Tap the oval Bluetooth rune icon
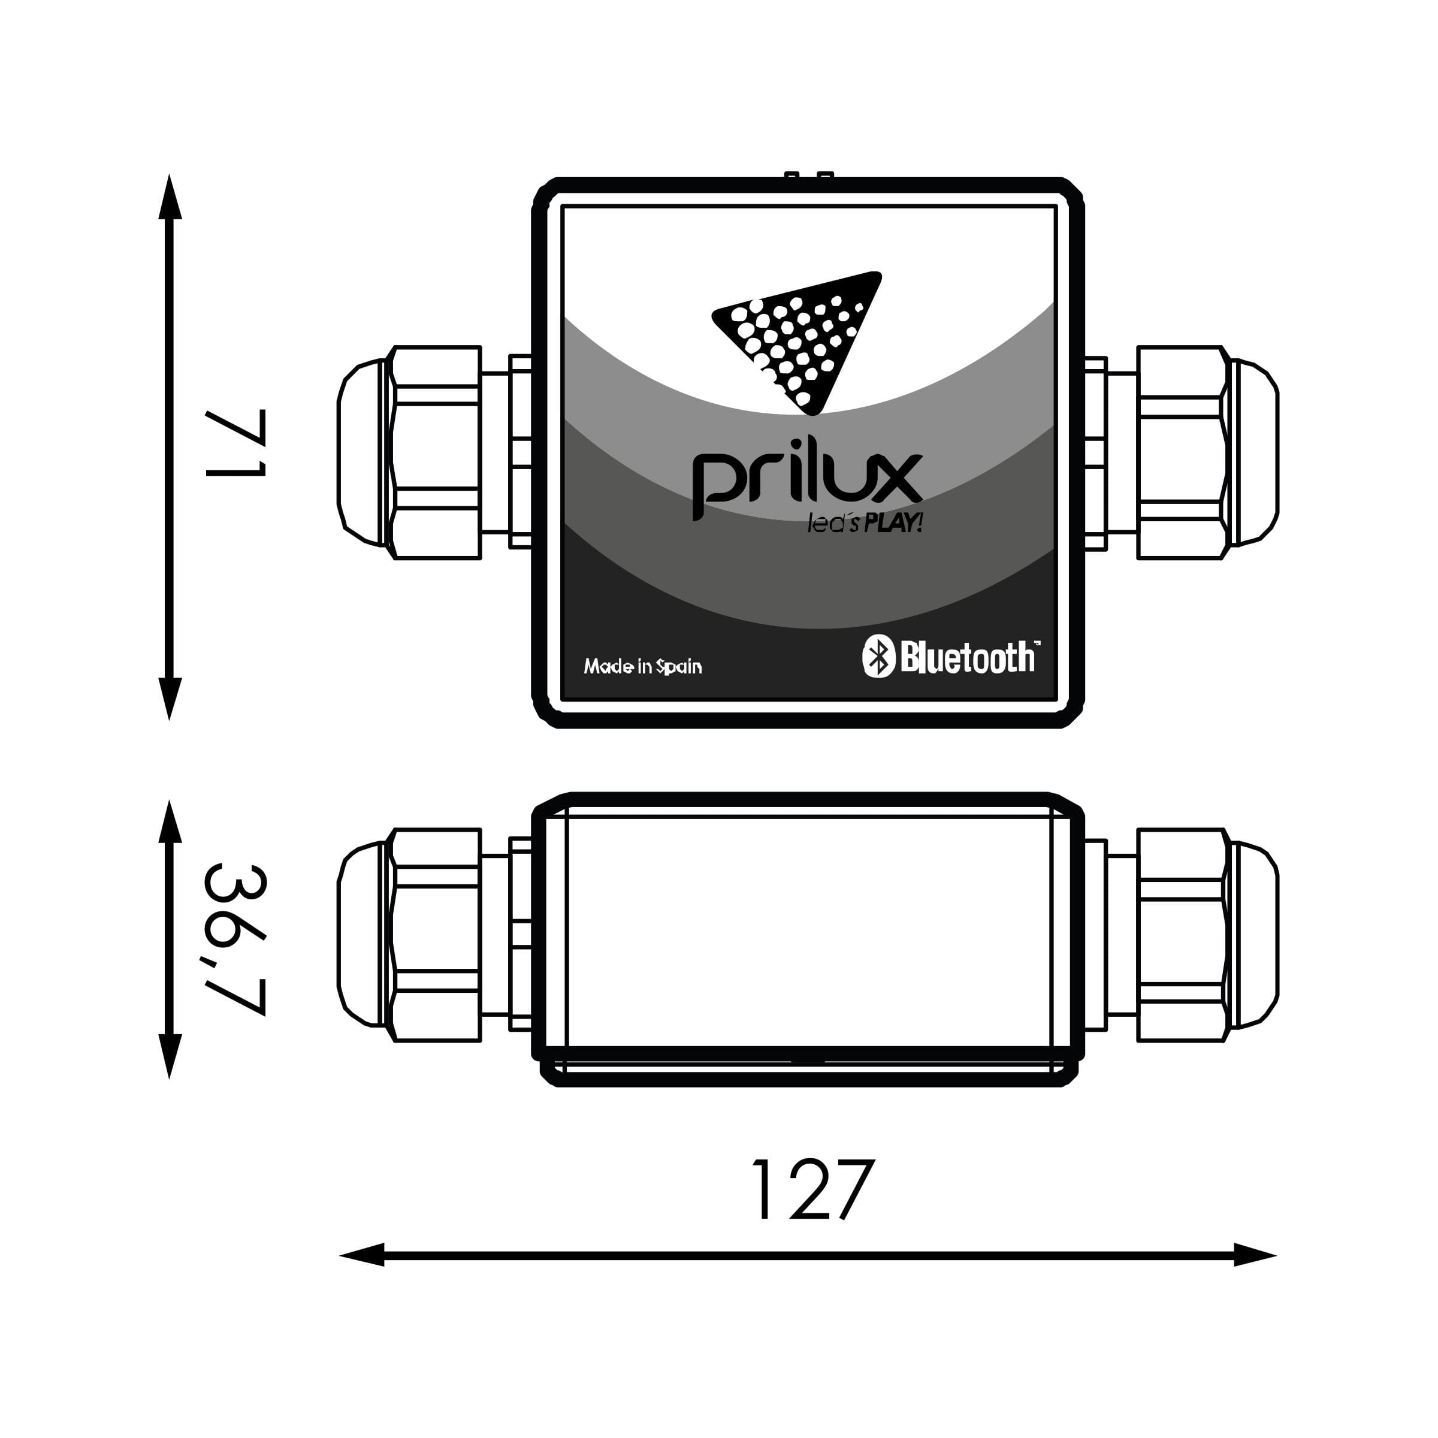878,657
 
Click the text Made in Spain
642,666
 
